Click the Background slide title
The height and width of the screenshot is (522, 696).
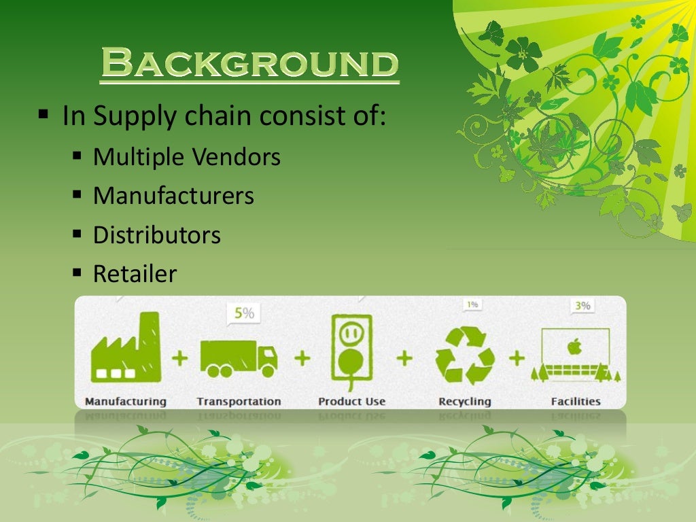(x=249, y=65)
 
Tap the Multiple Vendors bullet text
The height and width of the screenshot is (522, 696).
(x=186, y=157)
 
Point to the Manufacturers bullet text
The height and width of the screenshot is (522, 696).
(x=173, y=196)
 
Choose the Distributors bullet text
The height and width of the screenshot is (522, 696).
(x=156, y=235)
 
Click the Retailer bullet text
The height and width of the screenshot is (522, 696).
(x=135, y=274)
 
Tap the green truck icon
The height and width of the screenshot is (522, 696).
(x=239, y=358)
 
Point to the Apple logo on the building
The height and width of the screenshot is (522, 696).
(x=575, y=347)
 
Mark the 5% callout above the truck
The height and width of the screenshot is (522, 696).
(x=243, y=313)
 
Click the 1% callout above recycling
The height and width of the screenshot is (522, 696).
(x=472, y=304)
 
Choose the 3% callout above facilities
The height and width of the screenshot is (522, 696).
(x=582, y=306)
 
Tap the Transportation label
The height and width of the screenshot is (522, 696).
(x=239, y=401)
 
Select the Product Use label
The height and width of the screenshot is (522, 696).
(x=351, y=401)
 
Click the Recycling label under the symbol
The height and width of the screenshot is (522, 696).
(x=464, y=401)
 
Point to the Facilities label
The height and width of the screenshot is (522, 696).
(x=575, y=401)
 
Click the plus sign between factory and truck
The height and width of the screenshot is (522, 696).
(x=180, y=358)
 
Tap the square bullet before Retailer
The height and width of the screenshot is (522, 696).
(x=77, y=273)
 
